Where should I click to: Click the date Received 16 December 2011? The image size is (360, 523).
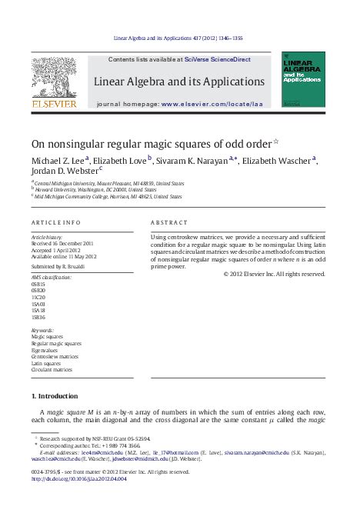pyautogui.click(x=63, y=243)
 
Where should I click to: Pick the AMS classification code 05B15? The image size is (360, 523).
pyautogui.click(x=38, y=283)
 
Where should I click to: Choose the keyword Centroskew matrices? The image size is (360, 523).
pyautogui.click(x=55, y=357)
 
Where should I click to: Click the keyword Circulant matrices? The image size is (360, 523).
pyautogui.click(x=52, y=370)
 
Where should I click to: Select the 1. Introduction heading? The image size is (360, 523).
pyautogui.click(x=54, y=396)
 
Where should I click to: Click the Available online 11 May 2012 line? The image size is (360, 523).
pyautogui.click(x=64, y=256)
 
